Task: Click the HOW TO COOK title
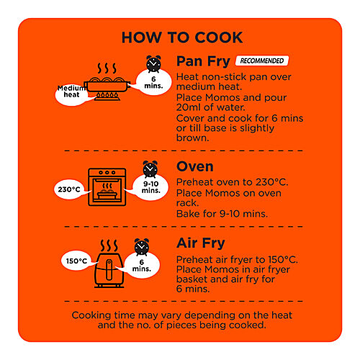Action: [x=182, y=37]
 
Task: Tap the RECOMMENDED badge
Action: [x=262, y=60]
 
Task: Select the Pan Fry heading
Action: [x=203, y=62]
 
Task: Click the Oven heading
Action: [x=194, y=166]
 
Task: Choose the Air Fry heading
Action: [x=201, y=243]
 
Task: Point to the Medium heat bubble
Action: [x=71, y=93]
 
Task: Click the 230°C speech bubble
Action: [x=69, y=189]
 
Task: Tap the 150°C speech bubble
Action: [x=76, y=261]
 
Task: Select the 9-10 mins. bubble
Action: [x=150, y=187]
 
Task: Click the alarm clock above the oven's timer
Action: [x=150, y=169]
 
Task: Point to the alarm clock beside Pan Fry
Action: [x=153, y=64]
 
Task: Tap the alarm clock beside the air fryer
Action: [x=142, y=247]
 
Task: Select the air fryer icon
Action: [x=109, y=270]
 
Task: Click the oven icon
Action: [x=107, y=187]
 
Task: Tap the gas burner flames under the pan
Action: [x=107, y=95]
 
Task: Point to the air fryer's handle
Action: [x=109, y=269]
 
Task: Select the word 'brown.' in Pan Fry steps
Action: [x=192, y=138]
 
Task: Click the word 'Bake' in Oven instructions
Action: [x=186, y=214]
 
